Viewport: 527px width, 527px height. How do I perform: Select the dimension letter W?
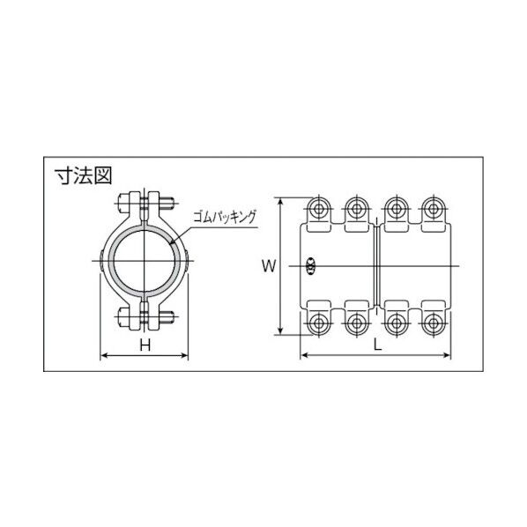pos(267,264)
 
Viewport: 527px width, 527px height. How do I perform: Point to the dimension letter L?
pos(377,346)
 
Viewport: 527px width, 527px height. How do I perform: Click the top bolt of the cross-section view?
pos(145,202)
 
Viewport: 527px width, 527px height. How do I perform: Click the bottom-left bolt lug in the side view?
pos(316,323)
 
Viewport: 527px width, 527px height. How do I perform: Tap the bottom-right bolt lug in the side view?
pos(432,323)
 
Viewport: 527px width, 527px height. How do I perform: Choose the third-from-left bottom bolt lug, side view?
pos(394,323)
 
